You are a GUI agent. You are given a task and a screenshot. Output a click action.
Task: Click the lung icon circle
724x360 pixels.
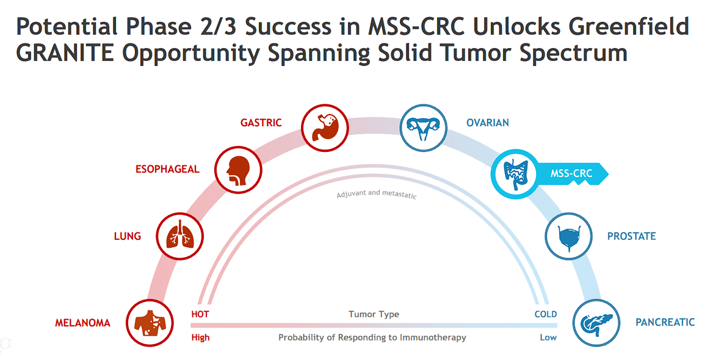[179, 236]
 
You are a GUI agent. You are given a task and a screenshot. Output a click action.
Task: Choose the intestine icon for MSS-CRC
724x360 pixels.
[514, 173]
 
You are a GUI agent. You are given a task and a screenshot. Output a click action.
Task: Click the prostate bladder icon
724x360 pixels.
[568, 236]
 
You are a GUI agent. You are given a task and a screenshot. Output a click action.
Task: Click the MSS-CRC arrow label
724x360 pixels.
[571, 173]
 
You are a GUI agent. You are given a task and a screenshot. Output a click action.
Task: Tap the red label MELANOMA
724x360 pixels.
[82, 323]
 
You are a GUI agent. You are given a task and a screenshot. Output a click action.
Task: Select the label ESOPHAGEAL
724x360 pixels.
[167, 169]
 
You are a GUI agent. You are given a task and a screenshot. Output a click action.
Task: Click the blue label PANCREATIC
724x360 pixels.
[665, 322]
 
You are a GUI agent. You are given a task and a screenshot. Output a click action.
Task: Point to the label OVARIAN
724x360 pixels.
[487, 123]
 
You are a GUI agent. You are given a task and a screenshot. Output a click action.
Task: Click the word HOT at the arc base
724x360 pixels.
[200, 314]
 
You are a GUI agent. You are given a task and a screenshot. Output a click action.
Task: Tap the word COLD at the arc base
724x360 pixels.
[545, 314]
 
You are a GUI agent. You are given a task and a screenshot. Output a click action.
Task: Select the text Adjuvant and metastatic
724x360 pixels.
[377, 195]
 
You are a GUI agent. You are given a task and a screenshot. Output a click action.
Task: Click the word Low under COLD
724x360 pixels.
[548, 337]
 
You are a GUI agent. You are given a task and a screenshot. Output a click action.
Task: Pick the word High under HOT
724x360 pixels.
[200, 337]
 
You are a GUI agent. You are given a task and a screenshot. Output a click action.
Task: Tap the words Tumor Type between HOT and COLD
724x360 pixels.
[374, 314]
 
